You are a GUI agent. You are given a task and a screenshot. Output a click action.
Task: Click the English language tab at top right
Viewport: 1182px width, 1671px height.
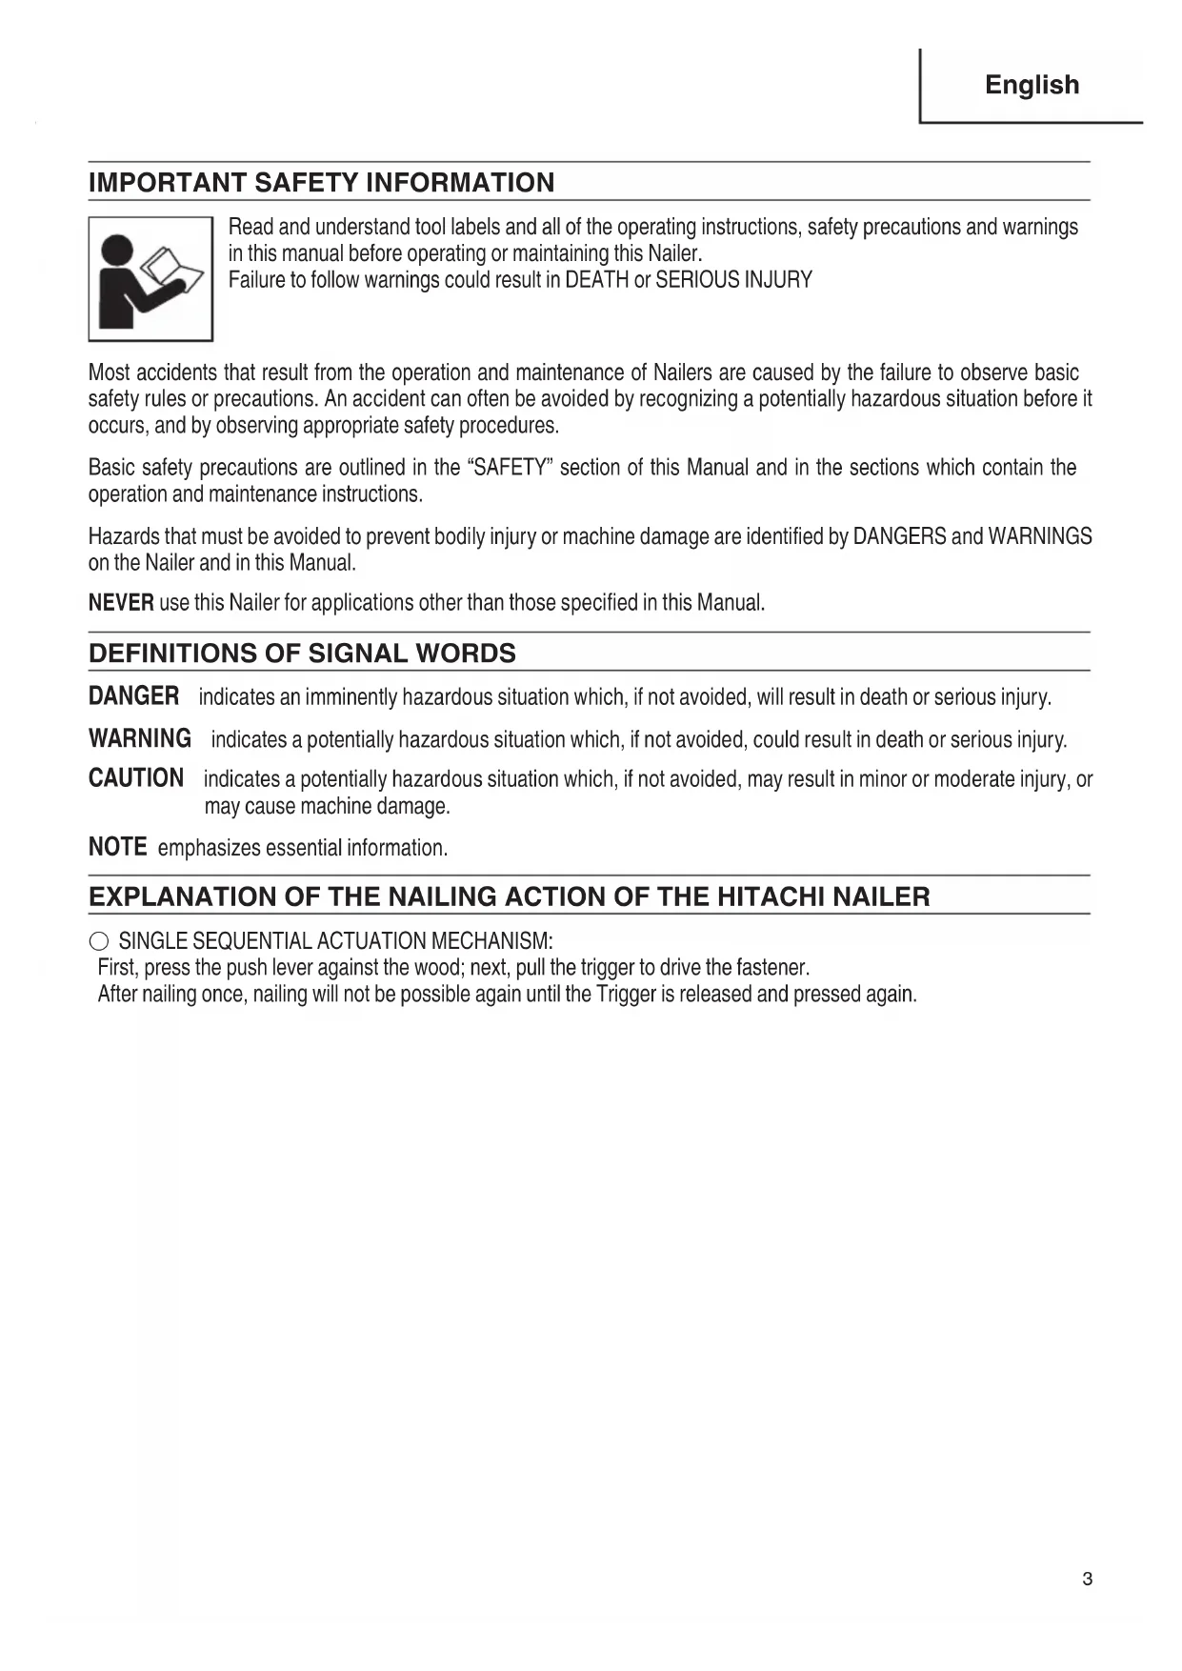click(x=1032, y=85)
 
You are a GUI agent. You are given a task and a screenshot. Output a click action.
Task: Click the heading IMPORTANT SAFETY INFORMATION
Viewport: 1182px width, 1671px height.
click(x=321, y=183)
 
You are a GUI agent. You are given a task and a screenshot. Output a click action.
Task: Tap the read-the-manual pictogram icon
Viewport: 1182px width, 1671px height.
click(x=150, y=279)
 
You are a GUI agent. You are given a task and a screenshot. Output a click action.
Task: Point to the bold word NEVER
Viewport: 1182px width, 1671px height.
click(x=121, y=603)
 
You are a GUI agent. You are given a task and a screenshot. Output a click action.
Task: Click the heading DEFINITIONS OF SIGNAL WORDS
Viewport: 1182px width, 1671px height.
click(x=302, y=654)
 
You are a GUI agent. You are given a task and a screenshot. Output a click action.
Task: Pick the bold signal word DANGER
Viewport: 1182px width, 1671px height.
click(x=133, y=696)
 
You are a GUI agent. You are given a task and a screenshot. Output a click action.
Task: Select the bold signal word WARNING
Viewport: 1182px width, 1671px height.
click(x=140, y=738)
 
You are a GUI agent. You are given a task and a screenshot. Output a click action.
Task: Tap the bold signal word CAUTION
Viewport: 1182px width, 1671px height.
click(x=136, y=778)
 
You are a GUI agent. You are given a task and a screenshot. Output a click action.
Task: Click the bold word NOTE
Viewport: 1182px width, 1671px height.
click(x=117, y=847)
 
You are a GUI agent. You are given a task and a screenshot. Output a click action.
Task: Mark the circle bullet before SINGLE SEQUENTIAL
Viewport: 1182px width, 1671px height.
click(x=99, y=942)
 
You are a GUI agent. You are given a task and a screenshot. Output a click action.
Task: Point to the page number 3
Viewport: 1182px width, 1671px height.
click(x=1087, y=1580)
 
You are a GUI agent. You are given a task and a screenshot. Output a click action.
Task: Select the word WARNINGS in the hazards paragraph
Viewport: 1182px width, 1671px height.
click(x=1040, y=536)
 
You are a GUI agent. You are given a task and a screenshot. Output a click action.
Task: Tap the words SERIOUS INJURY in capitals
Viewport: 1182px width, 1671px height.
click(x=733, y=280)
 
